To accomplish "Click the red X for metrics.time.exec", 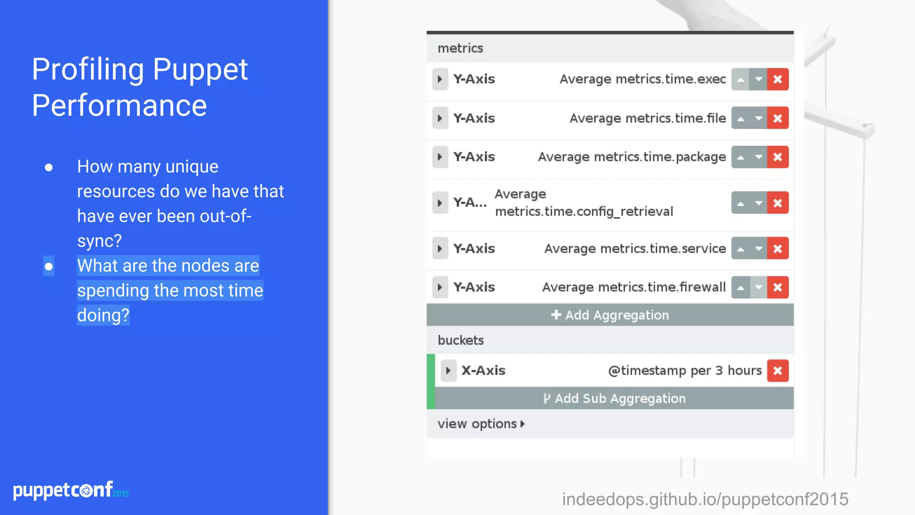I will tap(777, 80).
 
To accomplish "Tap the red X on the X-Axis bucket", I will tap(777, 371).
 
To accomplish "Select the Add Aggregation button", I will tap(610, 315).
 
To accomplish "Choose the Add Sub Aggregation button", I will tap(614, 398).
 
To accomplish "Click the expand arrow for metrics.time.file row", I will tap(440, 118).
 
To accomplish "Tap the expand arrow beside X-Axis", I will tap(448, 371).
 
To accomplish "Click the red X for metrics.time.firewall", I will tap(777, 287).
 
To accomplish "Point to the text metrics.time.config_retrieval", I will tap(583, 211).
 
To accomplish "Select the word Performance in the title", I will tap(119, 106).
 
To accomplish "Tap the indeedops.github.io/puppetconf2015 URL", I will tap(705, 499).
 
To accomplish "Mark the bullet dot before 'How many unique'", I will tap(49, 168).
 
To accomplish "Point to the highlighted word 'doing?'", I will tap(103, 315).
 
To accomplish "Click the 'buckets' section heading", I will tap(461, 340).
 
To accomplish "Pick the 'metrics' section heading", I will tap(460, 48).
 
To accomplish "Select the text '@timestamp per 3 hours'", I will tap(684, 371).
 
